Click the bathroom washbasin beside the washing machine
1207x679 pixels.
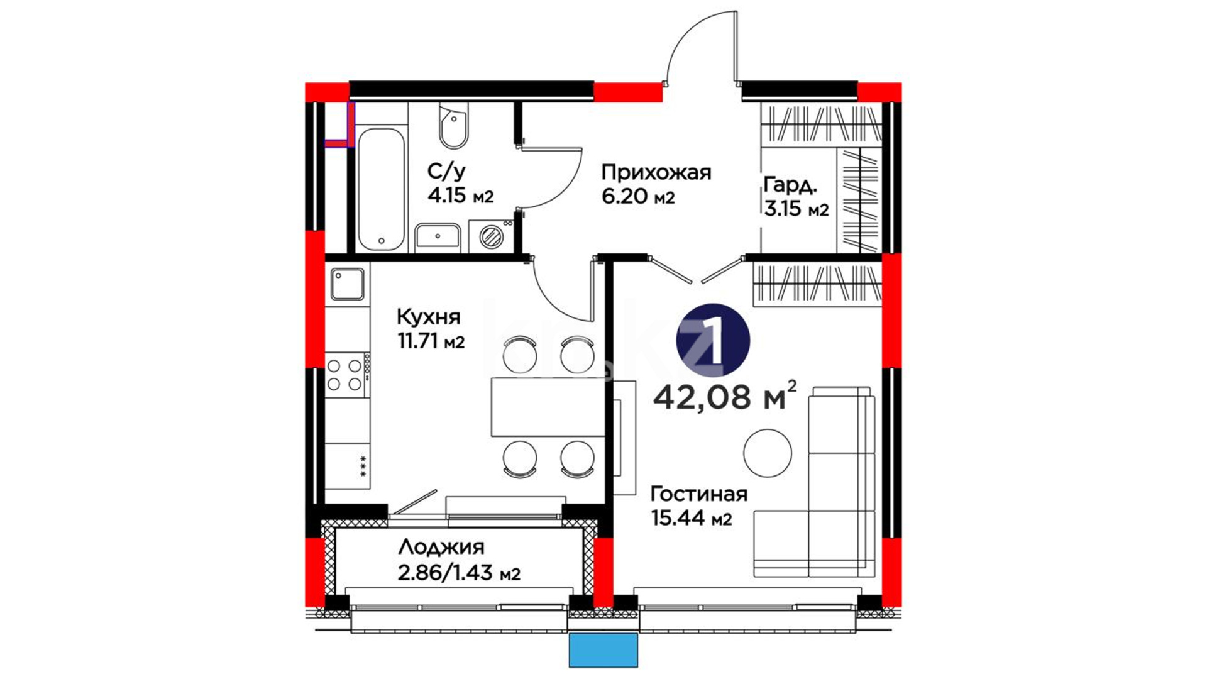pyautogui.click(x=438, y=238)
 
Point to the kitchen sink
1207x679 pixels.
pyautogui.click(x=348, y=284)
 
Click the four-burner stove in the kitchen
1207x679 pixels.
pyautogui.click(x=346, y=375)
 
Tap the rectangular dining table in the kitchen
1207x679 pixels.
pyautogui.click(x=548, y=407)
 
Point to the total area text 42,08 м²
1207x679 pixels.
pyautogui.click(x=725, y=396)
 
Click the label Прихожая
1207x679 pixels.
pyautogui.click(x=656, y=172)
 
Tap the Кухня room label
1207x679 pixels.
pyautogui.click(x=429, y=317)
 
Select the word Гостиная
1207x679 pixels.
pyautogui.click(x=699, y=494)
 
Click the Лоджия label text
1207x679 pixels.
pyautogui.click(x=441, y=548)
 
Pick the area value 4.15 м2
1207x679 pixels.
pyautogui.click(x=461, y=196)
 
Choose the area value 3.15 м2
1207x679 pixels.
pyautogui.click(x=796, y=209)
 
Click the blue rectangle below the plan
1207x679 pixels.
pyautogui.click(x=603, y=650)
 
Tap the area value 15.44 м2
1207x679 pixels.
pyautogui.click(x=692, y=519)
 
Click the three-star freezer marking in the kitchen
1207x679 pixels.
pyautogui.click(x=363, y=466)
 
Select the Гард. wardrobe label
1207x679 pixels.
pyautogui.click(x=791, y=185)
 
